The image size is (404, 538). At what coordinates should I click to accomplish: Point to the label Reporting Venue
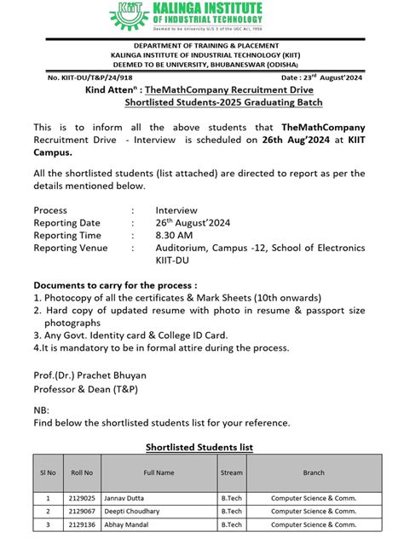point(71,248)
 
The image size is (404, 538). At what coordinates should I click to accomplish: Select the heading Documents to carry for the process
point(115,285)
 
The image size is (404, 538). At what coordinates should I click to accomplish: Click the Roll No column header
point(82,472)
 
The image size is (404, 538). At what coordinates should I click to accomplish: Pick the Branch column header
point(313,472)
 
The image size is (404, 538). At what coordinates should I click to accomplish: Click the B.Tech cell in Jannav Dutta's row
point(231,498)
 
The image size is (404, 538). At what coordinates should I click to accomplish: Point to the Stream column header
point(231,472)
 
